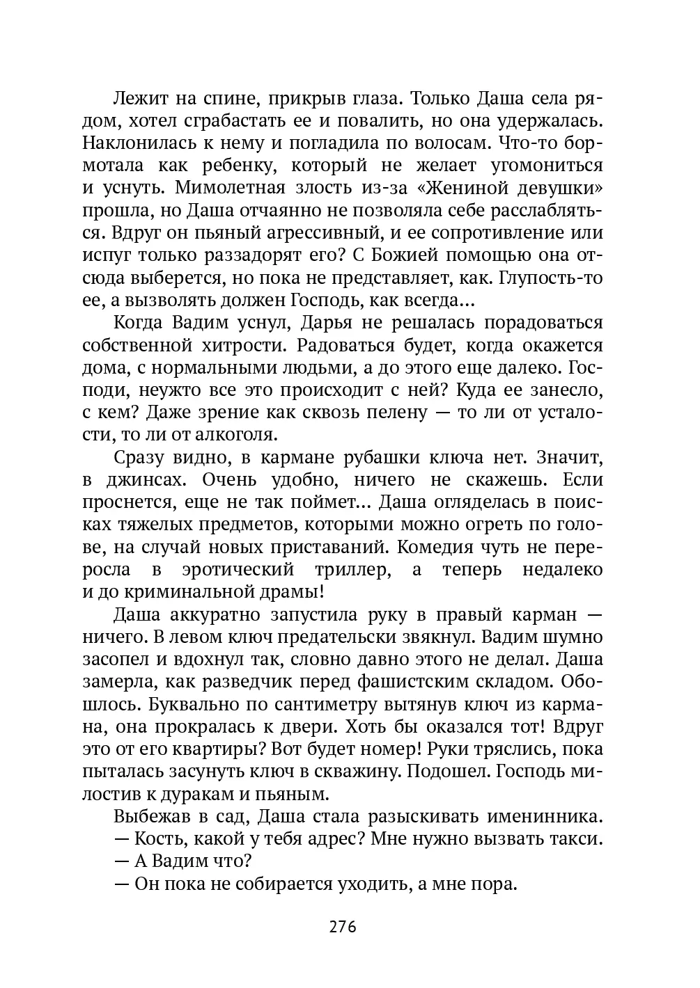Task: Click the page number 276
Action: pyautogui.click(x=343, y=927)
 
